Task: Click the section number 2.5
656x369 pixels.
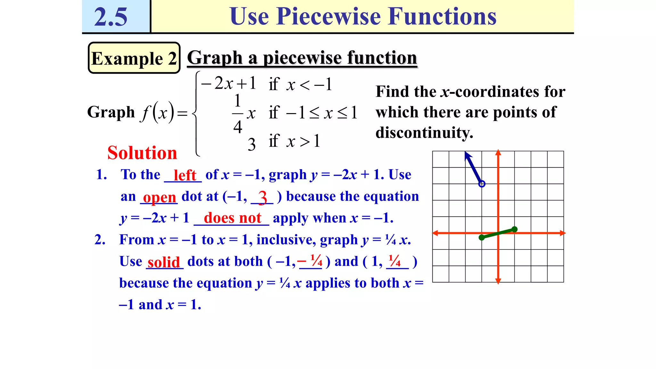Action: pyautogui.click(x=111, y=17)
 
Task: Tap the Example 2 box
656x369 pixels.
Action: pyautogui.click(x=134, y=58)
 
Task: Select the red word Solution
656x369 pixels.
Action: pyautogui.click(x=142, y=152)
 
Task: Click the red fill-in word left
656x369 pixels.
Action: pyautogui.click(x=184, y=175)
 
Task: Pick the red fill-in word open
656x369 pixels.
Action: pyautogui.click(x=159, y=197)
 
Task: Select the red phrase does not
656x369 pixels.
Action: pyautogui.click(x=233, y=218)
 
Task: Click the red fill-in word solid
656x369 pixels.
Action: pyautogui.click(x=164, y=262)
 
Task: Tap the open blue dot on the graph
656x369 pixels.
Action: pyautogui.click(x=482, y=184)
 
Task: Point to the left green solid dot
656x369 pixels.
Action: pyautogui.click(x=481, y=237)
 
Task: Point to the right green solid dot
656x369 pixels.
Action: pyautogui.click(x=514, y=229)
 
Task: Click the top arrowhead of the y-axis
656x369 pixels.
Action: pyautogui.click(x=498, y=152)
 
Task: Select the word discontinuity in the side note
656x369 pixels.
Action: pyautogui.click(x=424, y=132)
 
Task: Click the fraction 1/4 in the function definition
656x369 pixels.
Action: pyautogui.click(x=237, y=114)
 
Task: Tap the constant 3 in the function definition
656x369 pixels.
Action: pyautogui.click(x=252, y=144)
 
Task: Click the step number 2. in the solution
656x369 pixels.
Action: pyautogui.click(x=100, y=240)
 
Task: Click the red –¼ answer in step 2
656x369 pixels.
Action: pyautogui.click(x=310, y=261)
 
